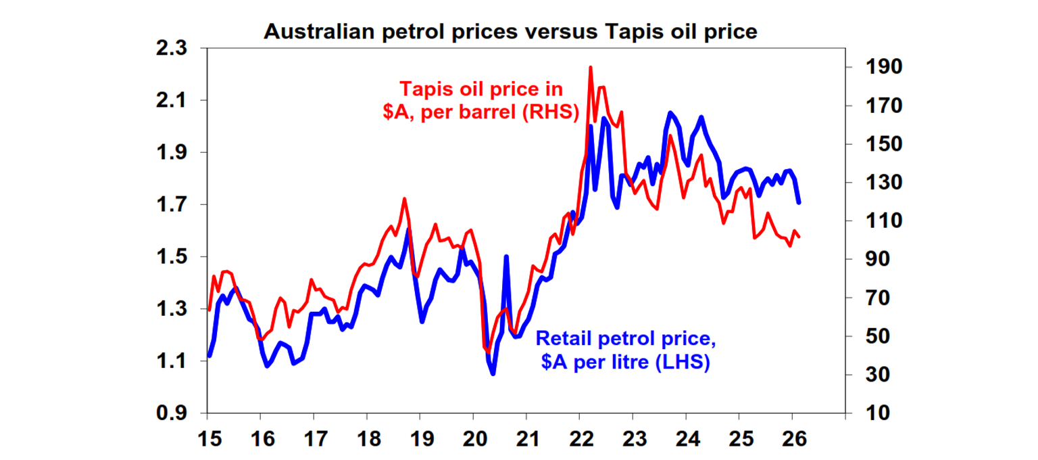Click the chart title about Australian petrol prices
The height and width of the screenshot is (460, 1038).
tap(510, 32)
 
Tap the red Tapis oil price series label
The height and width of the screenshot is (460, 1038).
tap(480, 101)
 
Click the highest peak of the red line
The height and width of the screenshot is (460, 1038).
tap(590, 68)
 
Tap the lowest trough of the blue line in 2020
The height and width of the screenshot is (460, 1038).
tap(493, 373)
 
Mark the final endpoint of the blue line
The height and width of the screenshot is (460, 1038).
tap(799, 202)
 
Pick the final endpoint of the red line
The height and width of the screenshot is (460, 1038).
tap(799, 237)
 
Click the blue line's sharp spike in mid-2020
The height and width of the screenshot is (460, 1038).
tap(506, 257)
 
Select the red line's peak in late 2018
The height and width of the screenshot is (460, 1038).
tap(404, 199)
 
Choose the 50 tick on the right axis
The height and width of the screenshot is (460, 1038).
tap(872, 336)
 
